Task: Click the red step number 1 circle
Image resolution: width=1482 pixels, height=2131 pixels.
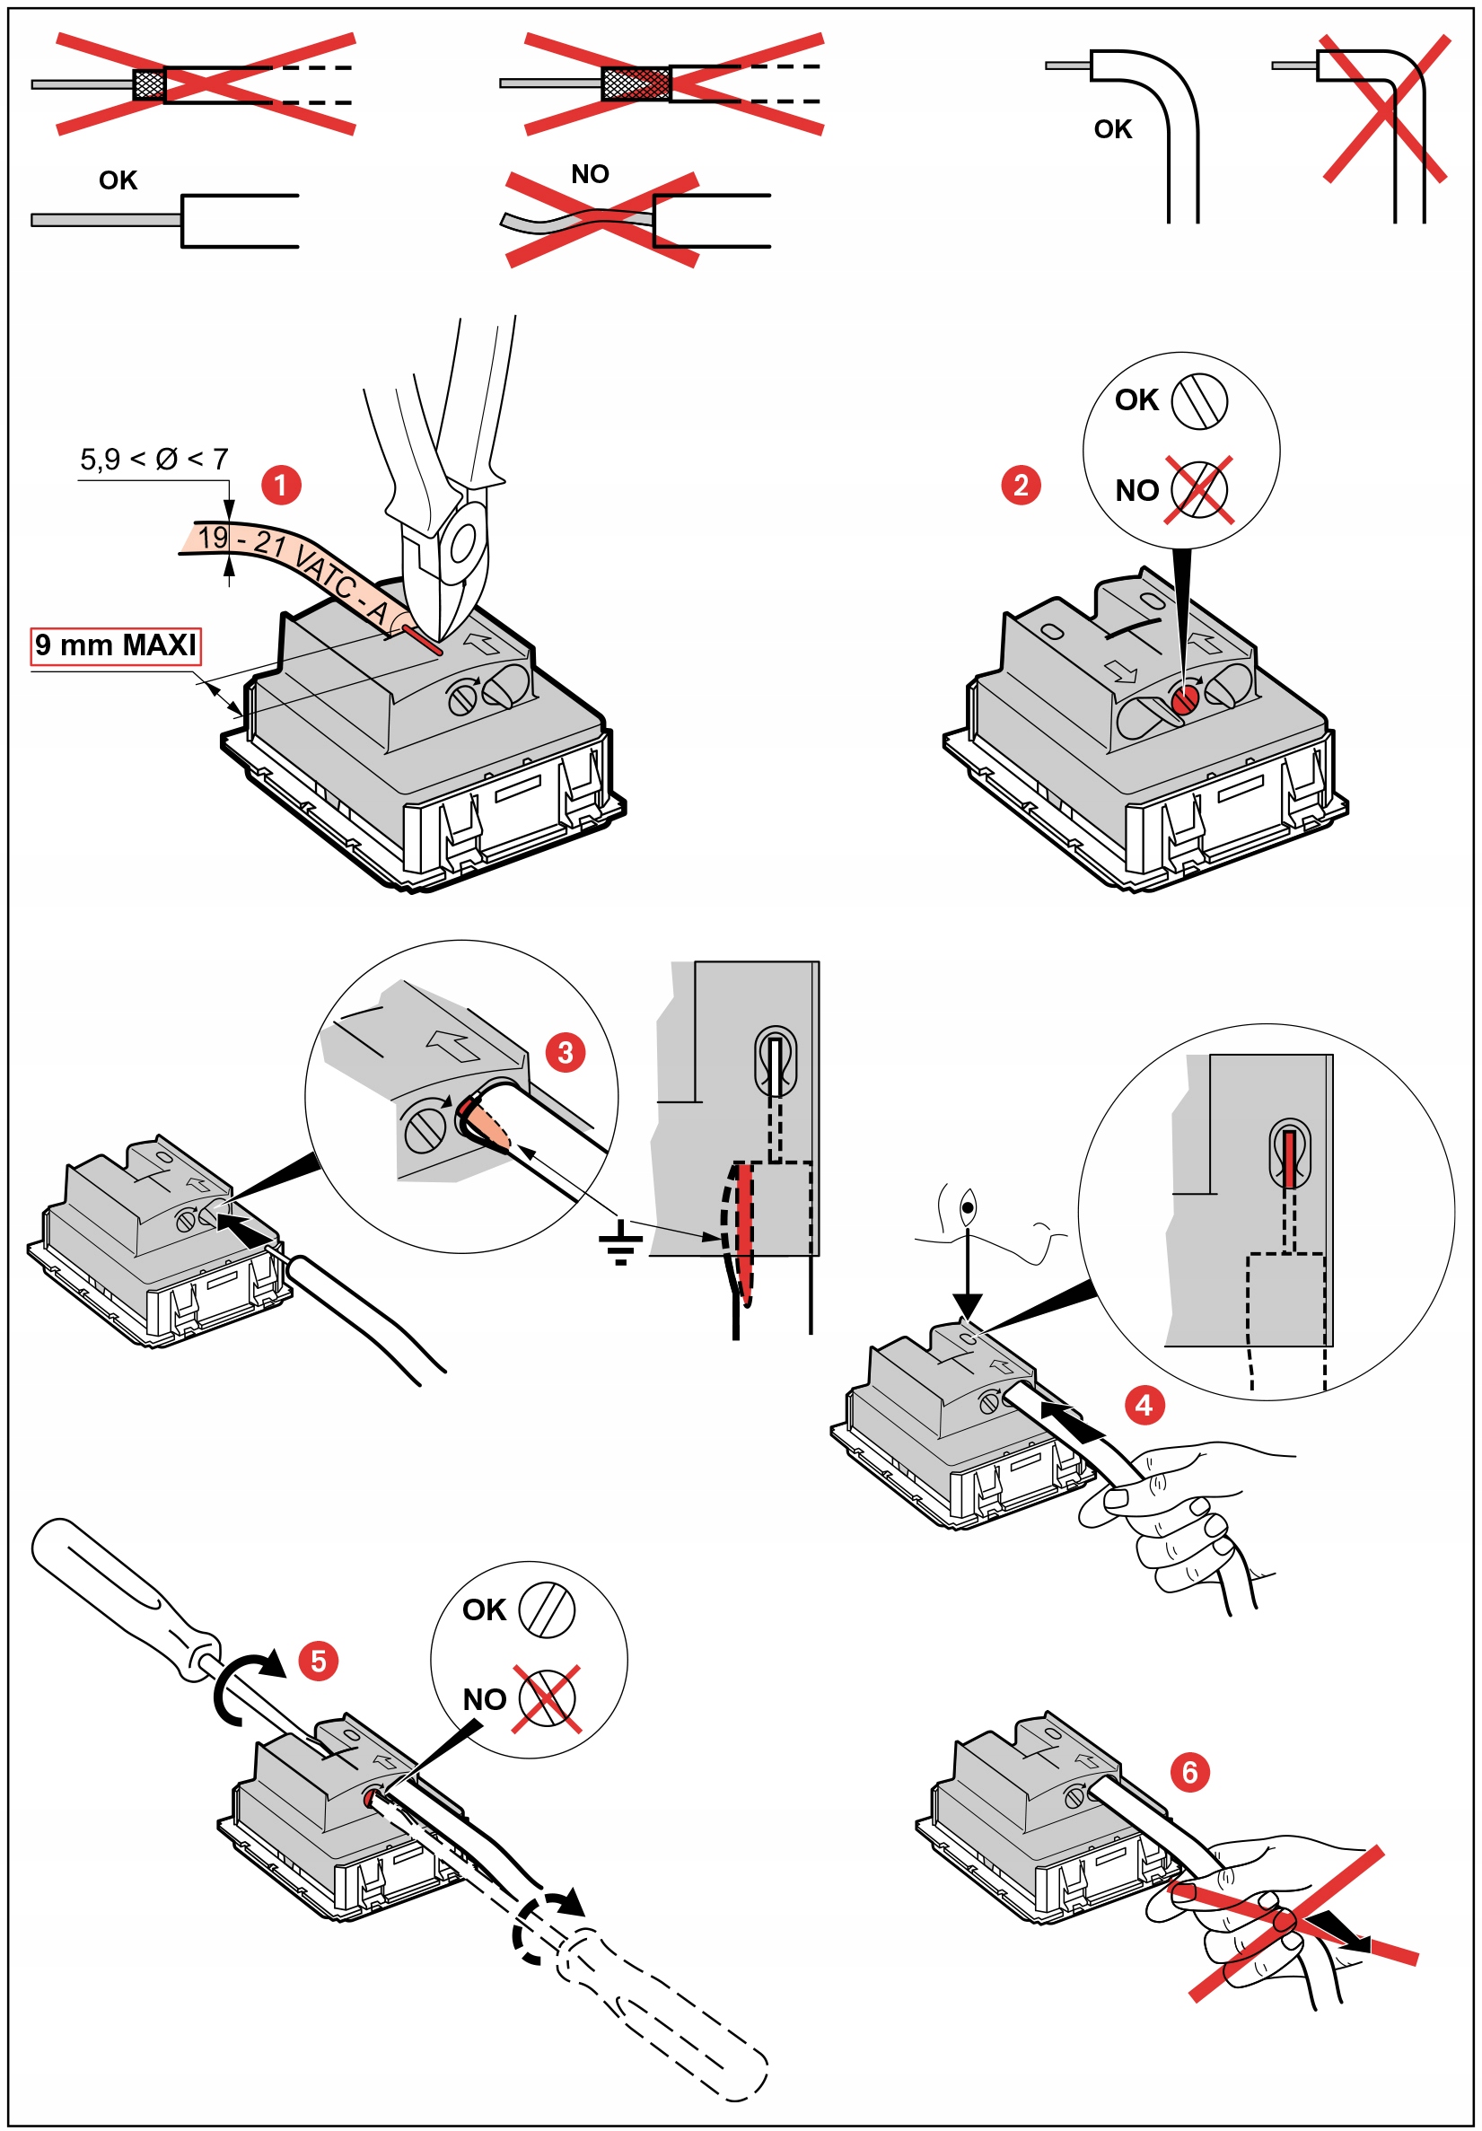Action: click(280, 485)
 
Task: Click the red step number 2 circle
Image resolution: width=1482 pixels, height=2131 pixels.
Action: click(1020, 485)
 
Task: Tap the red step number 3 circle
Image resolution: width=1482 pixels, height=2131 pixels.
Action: click(566, 1053)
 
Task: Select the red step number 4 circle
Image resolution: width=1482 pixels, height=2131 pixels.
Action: click(1144, 1405)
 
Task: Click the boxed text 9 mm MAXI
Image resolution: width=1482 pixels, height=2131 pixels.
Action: click(116, 645)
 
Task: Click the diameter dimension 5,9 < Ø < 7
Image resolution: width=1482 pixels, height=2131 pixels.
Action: click(154, 459)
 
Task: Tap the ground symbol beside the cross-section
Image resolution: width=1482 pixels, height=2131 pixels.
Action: click(621, 1242)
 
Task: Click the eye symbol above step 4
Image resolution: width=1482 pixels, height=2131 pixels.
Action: click(967, 1207)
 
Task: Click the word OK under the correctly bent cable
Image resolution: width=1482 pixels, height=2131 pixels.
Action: click(1113, 129)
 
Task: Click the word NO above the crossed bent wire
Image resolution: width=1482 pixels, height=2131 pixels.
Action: click(591, 173)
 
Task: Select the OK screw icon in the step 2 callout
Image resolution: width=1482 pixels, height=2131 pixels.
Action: click(1199, 401)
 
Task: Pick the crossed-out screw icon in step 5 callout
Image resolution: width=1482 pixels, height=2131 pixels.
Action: click(548, 1698)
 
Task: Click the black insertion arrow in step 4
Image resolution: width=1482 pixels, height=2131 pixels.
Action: click(1072, 1421)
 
